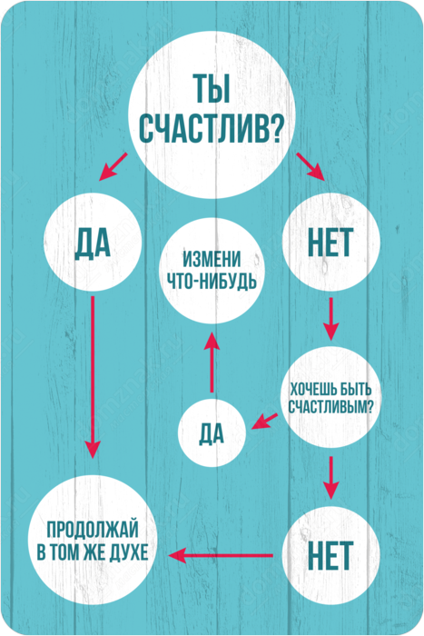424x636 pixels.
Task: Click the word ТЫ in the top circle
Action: (212, 88)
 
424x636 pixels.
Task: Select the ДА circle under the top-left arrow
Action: (93, 243)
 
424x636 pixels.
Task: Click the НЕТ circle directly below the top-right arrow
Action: (330, 243)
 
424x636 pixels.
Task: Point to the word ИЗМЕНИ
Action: (212, 260)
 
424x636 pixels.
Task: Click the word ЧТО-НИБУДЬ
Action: (212, 281)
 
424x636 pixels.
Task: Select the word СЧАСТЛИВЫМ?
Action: (330, 406)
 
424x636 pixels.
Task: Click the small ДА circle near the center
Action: (212, 434)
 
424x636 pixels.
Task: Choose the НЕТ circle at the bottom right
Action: (330, 555)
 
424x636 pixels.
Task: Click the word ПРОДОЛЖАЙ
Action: (93, 530)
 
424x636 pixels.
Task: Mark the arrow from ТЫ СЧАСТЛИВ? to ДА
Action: (113, 166)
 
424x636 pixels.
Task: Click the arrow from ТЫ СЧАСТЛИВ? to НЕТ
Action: (311, 166)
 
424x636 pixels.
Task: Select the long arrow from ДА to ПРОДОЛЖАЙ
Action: (93, 377)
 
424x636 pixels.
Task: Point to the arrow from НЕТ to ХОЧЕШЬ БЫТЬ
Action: (330, 319)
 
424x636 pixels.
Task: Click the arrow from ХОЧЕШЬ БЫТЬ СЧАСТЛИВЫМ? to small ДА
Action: (264, 421)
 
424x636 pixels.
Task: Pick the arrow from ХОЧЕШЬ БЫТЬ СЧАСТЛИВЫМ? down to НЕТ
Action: (330, 478)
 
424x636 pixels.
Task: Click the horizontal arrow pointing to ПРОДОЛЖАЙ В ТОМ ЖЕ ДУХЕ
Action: (220, 555)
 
